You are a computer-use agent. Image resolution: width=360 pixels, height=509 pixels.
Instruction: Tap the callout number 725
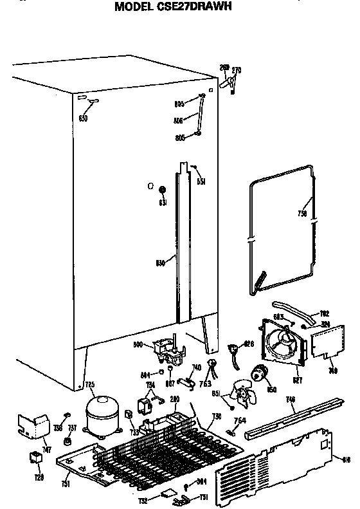pyautogui.click(x=90, y=385)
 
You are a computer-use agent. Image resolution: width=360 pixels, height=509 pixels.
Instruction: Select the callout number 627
pyautogui.click(x=296, y=380)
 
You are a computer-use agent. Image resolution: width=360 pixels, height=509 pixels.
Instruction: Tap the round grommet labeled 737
pyautogui.click(x=67, y=442)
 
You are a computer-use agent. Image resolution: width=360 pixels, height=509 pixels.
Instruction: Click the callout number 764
pyautogui.click(x=239, y=421)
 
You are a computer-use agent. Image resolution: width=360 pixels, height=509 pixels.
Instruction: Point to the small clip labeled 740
pyautogui.click(x=188, y=382)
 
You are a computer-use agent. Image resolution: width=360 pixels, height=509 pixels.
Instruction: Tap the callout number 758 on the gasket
pyautogui.click(x=302, y=213)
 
